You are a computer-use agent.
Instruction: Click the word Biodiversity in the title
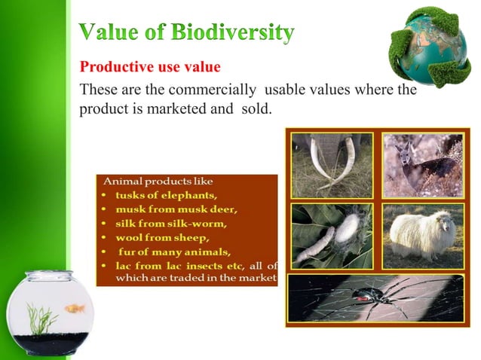click(x=232, y=33)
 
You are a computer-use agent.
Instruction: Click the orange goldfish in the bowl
click(x=75, y=308)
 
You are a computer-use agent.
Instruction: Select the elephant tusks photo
click(x=332, y=164)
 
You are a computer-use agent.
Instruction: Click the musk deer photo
click(x=421, y=164)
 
